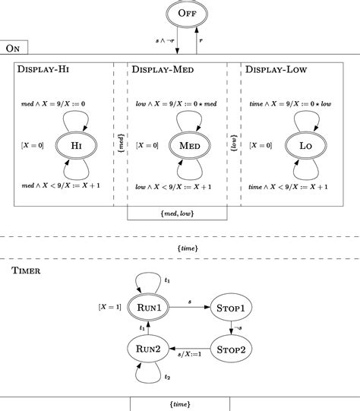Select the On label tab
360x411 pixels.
point(14,48)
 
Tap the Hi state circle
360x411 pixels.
point(76,144)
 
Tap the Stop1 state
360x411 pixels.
point(232,308)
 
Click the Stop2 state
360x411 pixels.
point(232,349)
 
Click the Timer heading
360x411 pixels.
point(27,269)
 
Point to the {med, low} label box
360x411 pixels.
point(176,214)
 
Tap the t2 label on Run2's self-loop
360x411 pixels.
point(168,378)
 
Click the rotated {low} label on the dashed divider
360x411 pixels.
point(233,142)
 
